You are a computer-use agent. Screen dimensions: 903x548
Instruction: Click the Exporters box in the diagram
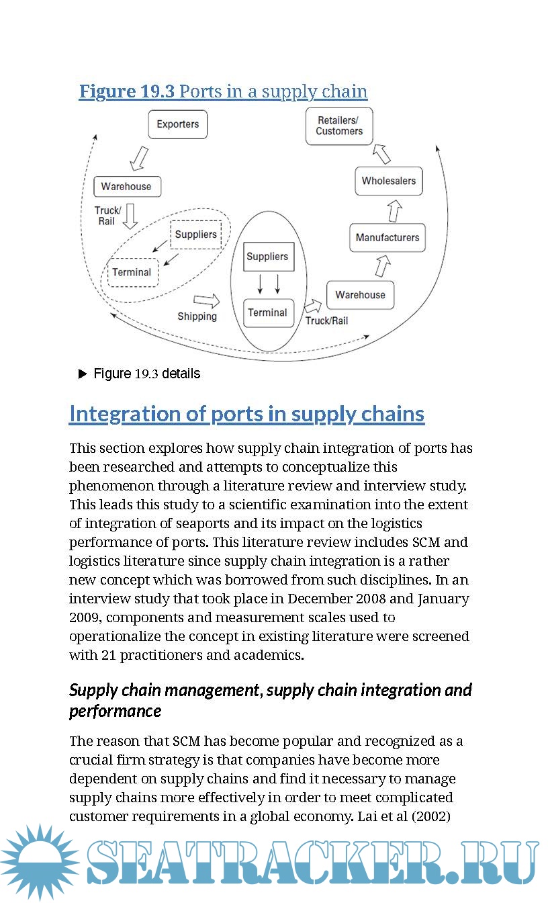177,124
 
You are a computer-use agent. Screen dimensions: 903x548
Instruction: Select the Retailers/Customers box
339,126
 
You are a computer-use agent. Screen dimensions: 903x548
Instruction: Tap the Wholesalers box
388,181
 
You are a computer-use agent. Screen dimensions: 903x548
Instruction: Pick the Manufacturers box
387,238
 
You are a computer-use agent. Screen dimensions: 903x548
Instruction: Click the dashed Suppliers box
196,234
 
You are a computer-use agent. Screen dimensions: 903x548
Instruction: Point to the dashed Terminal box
132,272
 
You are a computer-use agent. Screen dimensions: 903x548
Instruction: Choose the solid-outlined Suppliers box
267,257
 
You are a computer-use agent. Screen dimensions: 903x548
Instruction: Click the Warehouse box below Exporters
126,186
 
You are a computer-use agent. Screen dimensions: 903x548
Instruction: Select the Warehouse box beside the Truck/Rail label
360,295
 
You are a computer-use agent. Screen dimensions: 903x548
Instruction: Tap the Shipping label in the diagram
197,316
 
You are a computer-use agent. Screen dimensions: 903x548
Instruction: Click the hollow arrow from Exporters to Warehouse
138,157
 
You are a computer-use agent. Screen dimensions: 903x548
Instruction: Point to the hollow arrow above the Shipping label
206,300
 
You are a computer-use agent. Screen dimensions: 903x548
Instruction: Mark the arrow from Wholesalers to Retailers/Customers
381,154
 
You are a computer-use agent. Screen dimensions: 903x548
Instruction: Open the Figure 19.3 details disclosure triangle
83,374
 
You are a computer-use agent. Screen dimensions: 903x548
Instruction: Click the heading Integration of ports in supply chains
246,414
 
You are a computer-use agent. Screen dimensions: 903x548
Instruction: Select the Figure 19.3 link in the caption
127,91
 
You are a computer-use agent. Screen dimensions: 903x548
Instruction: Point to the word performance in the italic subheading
115,711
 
